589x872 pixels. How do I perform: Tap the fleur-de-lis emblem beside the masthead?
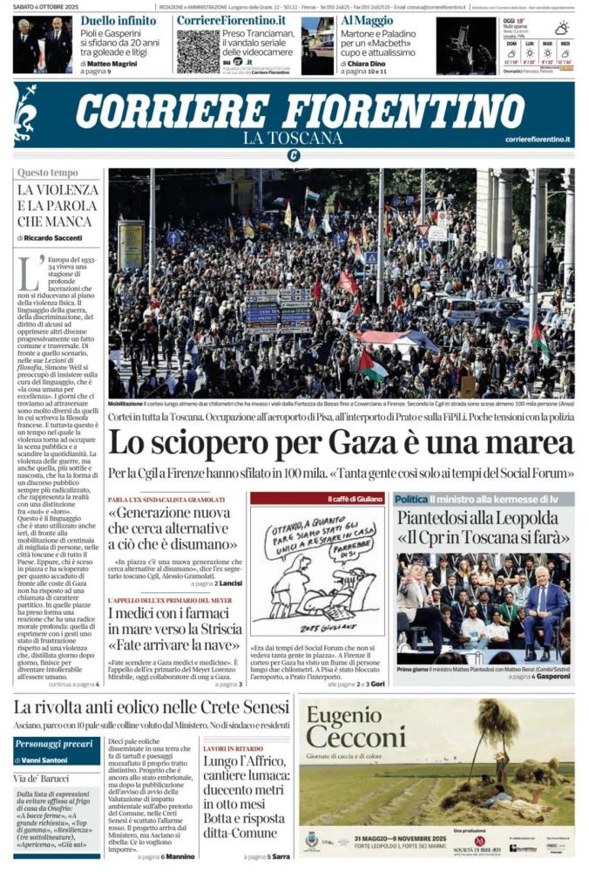[x=26, y=112]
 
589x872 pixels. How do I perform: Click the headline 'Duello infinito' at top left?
[x=118, y=20]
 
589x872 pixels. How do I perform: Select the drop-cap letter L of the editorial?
[x=30, y=271]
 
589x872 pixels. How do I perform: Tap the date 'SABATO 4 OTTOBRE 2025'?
[x=48, y=6]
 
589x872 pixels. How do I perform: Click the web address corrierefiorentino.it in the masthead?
[x=538, y=140]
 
